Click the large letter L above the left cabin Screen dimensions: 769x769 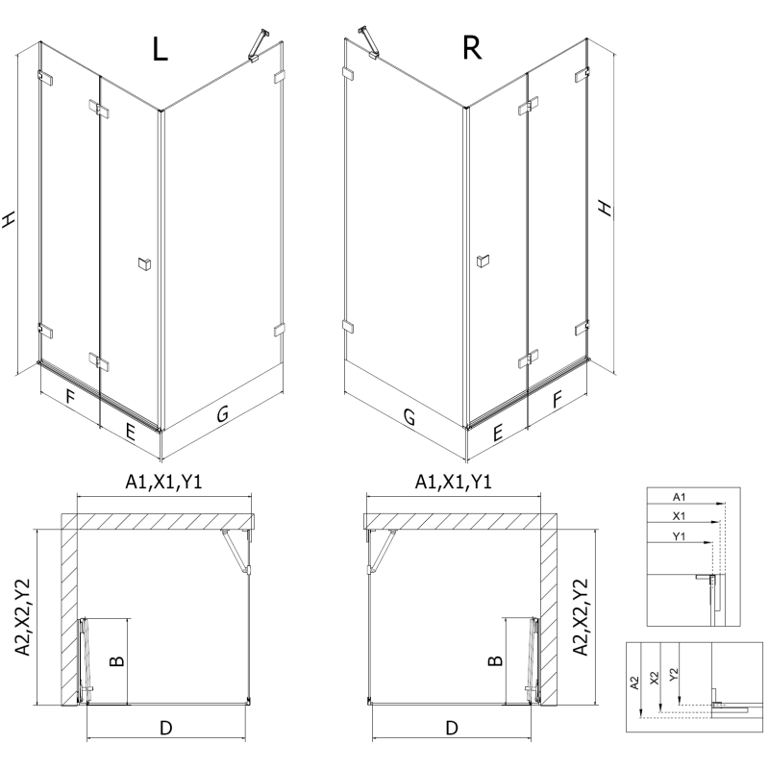click(x=160, y=49)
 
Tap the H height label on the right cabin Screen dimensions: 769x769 click(x=604, y=208)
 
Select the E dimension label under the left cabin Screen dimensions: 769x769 click(x=129, y=433)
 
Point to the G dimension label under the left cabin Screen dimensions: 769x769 click(x=222, y=414)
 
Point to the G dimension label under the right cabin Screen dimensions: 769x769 click(x=409, y=417)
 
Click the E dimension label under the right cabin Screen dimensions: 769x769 click(x=498, y=434)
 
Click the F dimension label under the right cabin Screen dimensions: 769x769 click(x=558, y=398)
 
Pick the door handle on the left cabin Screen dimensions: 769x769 click(x=144, y=262)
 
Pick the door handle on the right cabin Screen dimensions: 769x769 click(x=483, y=260)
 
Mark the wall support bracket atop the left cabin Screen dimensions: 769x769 click(x=257, y=45)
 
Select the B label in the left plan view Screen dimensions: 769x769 click(x=114, y=661)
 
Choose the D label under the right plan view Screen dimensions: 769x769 click(x=452, y=728)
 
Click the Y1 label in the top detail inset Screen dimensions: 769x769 click(x=679, y=534)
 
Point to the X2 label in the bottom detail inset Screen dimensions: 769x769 click(x=654, y=677)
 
